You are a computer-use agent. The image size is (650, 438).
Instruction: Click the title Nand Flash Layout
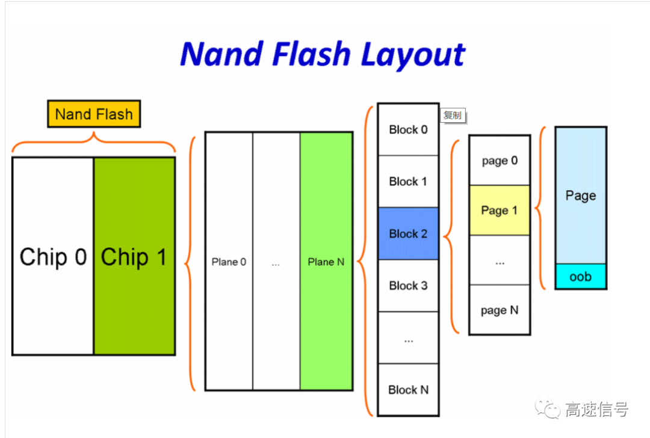coord(323,54)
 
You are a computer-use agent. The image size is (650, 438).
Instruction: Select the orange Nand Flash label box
coord(94,114)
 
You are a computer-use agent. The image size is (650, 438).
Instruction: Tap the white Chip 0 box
coord(53,256)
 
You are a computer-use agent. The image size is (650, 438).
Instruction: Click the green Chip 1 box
coord(134,256)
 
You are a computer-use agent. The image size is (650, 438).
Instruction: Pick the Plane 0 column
coord(229,262)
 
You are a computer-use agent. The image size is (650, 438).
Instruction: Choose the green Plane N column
coord(326,262)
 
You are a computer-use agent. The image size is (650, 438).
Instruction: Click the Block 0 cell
coord(408,129)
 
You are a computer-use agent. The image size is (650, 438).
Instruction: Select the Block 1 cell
coord(408,181)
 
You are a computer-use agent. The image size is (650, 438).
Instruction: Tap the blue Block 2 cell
coord(408,233)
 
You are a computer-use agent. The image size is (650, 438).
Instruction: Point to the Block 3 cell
coord(408,285)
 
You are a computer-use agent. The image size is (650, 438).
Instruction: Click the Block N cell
coord(408,389)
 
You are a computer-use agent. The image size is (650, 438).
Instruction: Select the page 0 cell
coord(500,161)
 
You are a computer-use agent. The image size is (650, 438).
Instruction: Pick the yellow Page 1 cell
coord(500,210)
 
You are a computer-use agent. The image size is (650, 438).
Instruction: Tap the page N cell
coord(500,310)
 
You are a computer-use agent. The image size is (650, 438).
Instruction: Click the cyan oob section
coord(580,277)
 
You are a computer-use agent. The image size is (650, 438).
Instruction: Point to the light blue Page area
coord(580,196)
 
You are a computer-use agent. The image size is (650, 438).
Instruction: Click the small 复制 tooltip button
coord(453,115)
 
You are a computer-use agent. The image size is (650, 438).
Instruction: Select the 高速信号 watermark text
coord(596,410)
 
